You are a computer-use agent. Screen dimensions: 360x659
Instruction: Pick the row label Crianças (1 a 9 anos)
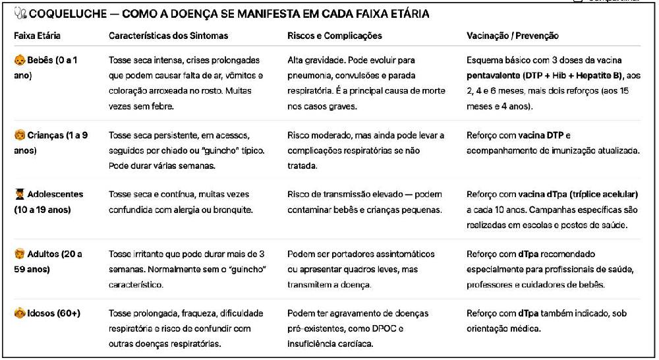(57, 136)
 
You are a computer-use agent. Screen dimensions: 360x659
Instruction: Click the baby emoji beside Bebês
(20, 61)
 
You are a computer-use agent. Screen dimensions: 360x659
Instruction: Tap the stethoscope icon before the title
(20, 14)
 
